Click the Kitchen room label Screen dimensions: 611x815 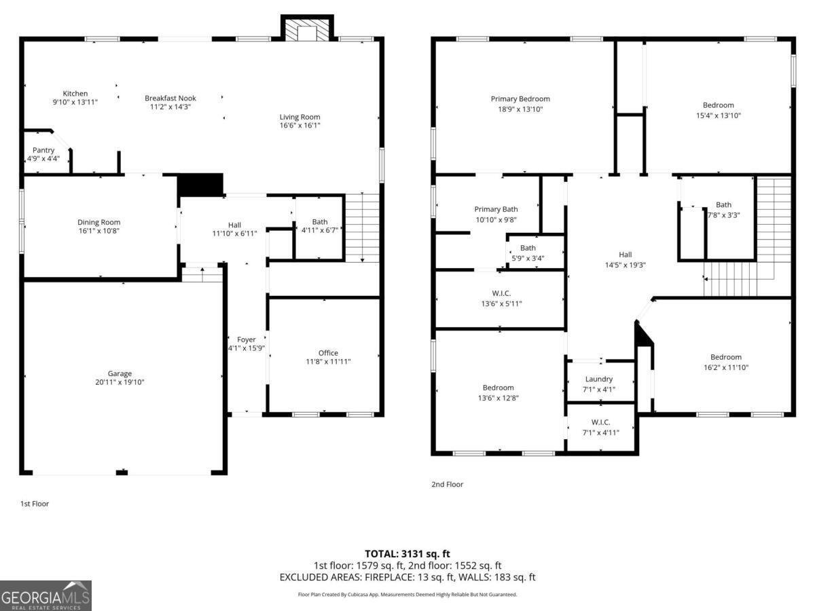tap(75, 94)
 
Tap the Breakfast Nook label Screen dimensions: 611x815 tap(170, 98)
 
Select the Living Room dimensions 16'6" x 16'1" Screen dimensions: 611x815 tap(300, 126)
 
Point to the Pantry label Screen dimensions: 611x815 tap(43, 150)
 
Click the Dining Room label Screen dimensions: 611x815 tap(98, 222)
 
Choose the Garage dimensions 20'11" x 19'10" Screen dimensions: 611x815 tap(120, 382)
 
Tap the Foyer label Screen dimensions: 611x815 tap(246, 339)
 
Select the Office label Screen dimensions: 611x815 tap(328, 352)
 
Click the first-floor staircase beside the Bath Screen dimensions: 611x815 tap(362, 227)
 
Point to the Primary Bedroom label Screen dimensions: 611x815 tap(520, 99)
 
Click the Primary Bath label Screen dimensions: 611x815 tap(496, 209)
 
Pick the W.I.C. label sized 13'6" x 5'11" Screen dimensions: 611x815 tap(501, 293)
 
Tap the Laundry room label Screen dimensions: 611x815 tap(599, 379)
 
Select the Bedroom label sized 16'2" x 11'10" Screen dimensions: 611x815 tap(726, 357)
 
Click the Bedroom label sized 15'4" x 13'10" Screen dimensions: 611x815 tap(718, 105)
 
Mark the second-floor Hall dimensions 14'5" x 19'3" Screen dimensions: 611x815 tap(625, 265)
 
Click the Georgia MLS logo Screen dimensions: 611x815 tap(46, 595)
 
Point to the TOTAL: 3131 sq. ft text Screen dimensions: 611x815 tap(407, 554)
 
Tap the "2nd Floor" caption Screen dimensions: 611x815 tap(447, 484)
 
